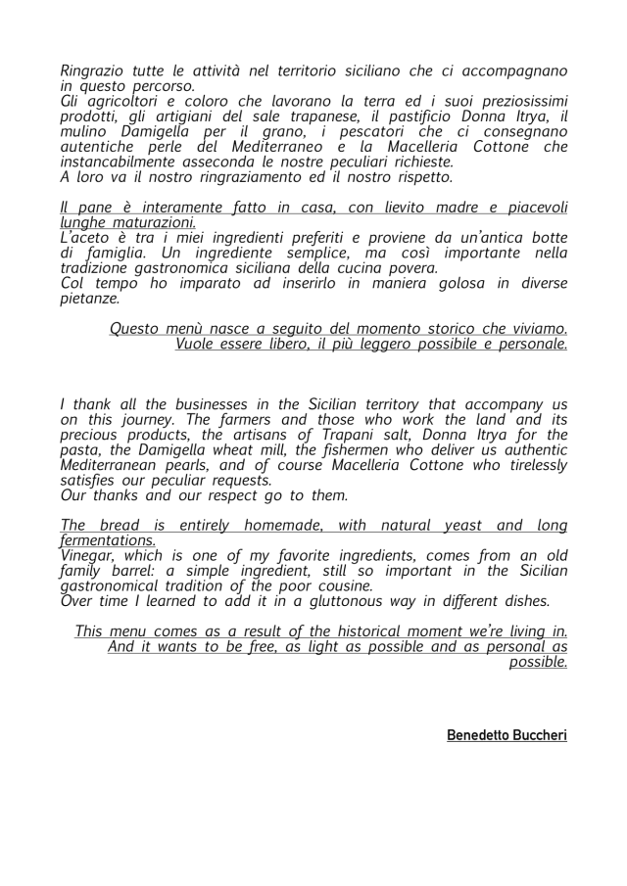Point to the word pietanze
pyautogui.click(x=90, y=299)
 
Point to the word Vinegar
pyautogui.click(x=88, y=556)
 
